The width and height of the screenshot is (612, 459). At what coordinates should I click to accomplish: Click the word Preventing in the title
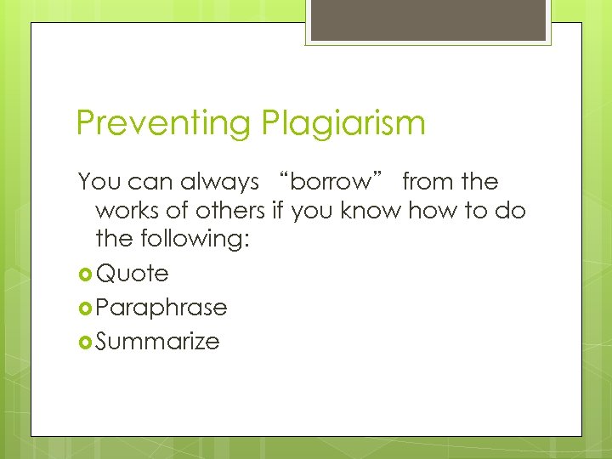pyautogui.click(x=161, y=124)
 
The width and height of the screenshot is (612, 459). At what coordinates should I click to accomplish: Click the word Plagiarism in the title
pyautogui.click(x=343, y=124)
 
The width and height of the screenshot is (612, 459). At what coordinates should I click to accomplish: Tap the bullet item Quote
pyautogui.click(x=133, y=274)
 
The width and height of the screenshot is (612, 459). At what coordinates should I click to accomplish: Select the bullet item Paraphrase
pyautogui.click(x=161, y=308)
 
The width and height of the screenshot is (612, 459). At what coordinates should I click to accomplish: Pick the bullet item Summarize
pyautogui.click(x=158, y=342)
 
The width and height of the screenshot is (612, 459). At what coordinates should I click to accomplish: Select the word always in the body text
pyautogui.click(x=219, y=182)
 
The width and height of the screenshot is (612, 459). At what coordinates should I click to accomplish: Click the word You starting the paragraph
pyautogui.click(x=96, y=182)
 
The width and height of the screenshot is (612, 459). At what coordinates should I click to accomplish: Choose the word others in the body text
pyautogui.click(x=230, y=211)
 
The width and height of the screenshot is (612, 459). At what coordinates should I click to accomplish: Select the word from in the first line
pyautogui.click(x=428, y=182)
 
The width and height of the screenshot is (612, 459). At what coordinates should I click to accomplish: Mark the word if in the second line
pyautogui.click(x=277, y=211)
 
